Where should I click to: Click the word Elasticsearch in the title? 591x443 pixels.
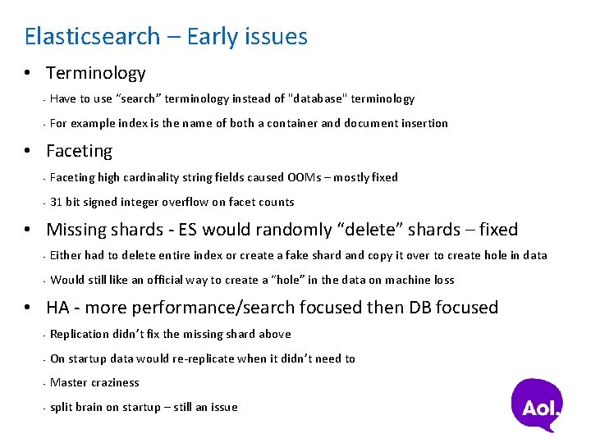(x=92, y=37)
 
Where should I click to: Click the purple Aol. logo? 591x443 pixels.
(x=538, y=404)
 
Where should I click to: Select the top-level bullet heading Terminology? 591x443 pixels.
(x=95, y=73)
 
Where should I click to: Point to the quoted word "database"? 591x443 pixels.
(x=319, y=98)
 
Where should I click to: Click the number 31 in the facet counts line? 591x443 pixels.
(x=57, y=202)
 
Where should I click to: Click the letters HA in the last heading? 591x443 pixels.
(x=57, y=308)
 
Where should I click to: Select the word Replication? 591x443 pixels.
(x=80, y=334)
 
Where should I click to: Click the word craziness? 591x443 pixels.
(x=115, y=382)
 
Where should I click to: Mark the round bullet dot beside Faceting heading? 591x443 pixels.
(x=28, y=152)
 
